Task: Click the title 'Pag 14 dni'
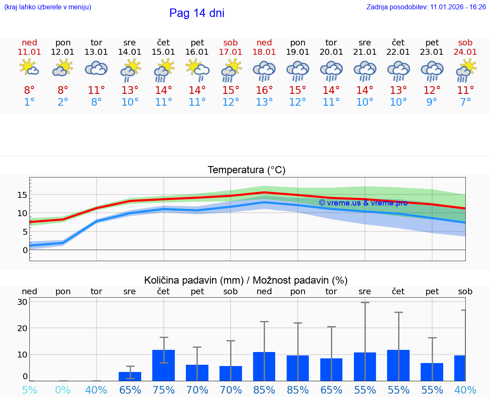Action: [x=197, y=13]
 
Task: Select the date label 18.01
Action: [x=264, y=52]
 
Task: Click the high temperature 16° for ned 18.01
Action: [x=264, y=90]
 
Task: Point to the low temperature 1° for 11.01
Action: [x=29, y=102]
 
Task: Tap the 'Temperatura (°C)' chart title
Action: [x=246, y=170]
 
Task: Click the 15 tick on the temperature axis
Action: [x=23, y=195]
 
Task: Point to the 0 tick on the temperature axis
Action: [x=25, y=250]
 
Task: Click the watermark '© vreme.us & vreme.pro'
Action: [x=363, y=203]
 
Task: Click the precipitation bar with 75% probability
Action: [x=164, y=365]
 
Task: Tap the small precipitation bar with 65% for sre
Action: [x=130, y=376]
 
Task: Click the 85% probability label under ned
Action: [x=264, y=390]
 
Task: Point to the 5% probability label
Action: [x=29, y=390]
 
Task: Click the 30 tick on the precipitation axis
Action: [x=23, y=302]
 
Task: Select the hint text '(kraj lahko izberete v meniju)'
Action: [x=48, y=7]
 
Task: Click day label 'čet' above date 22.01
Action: [x=398, y=43]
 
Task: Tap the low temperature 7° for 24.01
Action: [x=465, y=102]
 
